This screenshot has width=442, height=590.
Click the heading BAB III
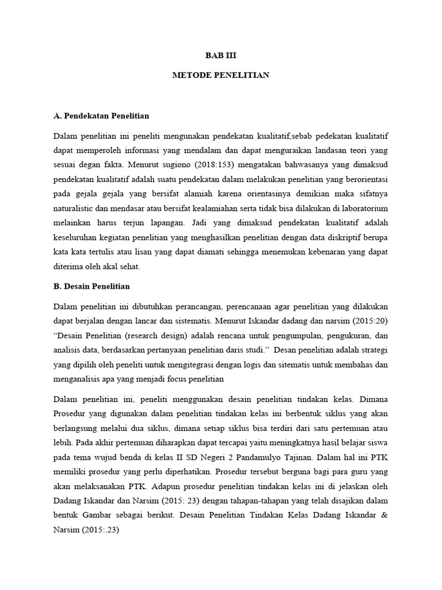[221, 56]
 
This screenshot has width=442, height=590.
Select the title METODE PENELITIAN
[221, 75]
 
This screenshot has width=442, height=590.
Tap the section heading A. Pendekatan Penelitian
[101, 116]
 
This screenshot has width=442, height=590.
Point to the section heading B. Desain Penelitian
[92, 286]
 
